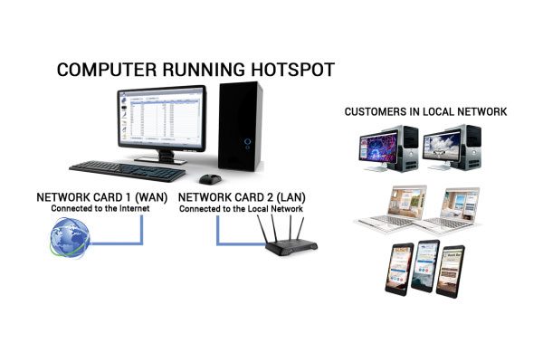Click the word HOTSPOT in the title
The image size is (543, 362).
(x=292, y=70)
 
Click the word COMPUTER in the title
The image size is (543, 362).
(x=107, y=70)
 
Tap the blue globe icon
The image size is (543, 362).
(x=70, y=238)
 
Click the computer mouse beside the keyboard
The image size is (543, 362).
(x=210, y=179)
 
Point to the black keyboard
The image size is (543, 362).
(x=128, y=171)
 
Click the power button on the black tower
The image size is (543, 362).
(x=248, y=141)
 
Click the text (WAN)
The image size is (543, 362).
(x=151, y=197)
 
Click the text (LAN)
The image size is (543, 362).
(x=291, y=197)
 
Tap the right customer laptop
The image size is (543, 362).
(x=450, y=210)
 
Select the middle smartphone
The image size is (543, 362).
(x=425, y=266)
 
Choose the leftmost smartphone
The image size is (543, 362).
(x=399, y=269)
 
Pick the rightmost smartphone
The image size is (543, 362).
(x=450, y=271)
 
